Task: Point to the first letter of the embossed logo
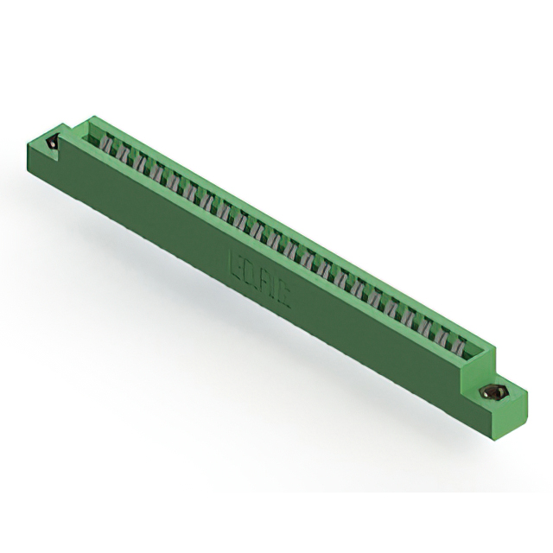point(233,257)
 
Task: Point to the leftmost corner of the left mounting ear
point(29,149)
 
